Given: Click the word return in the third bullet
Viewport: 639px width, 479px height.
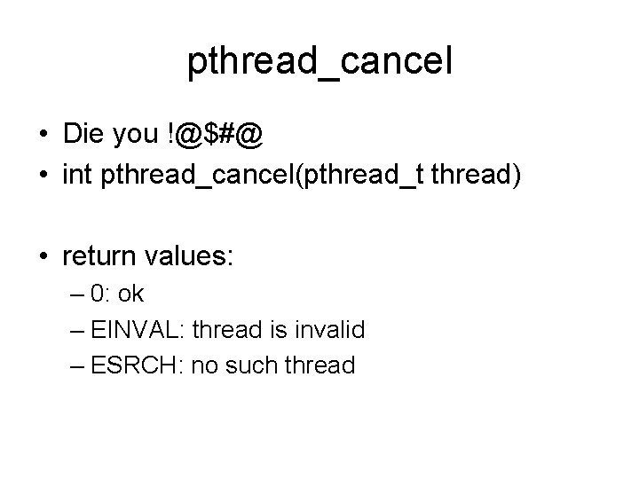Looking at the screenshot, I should tap(98, 257).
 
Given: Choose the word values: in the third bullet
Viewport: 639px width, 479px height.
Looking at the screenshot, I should tap(187, 257).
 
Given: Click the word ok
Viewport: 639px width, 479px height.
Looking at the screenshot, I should tap(130, 294).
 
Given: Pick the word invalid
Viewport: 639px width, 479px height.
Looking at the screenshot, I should tap(330, 330).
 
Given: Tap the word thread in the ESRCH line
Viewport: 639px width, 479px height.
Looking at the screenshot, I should tap(320, 365).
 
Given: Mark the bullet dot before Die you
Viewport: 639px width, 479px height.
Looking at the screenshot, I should tap(43, 137).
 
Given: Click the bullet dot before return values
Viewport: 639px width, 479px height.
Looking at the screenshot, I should tap(43, 258).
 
